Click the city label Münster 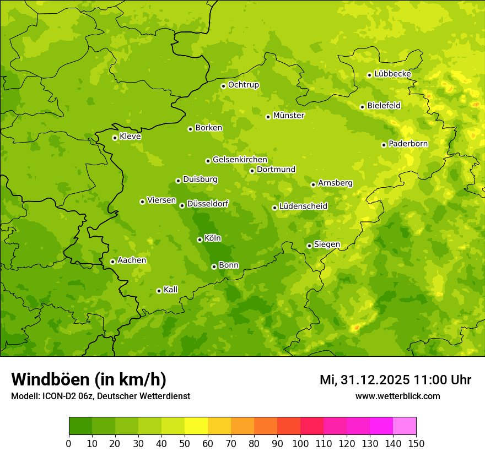tap(289, 116)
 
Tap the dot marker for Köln tap(200, 240)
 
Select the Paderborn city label tap(408, 144)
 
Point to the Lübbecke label tap(392, 74)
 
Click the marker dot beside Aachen tap(112, 262)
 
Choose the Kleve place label tap(130, 137)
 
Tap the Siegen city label tap(327, 244)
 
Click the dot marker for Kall tap(159, 291)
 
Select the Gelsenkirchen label tap(240, 160)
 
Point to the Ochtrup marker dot tap(223, 86)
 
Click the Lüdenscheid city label tap(303, 206)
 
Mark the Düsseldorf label tap(208, 204)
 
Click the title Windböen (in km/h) tap(89, 379)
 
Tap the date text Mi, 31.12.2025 tap(363, 380)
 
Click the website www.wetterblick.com tap(397, 396)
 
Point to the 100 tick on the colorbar tap(300, 444)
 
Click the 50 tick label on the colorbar tap(185, 444)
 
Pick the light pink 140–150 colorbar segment tap(405, 426)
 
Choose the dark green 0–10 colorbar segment tap(80, 426)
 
